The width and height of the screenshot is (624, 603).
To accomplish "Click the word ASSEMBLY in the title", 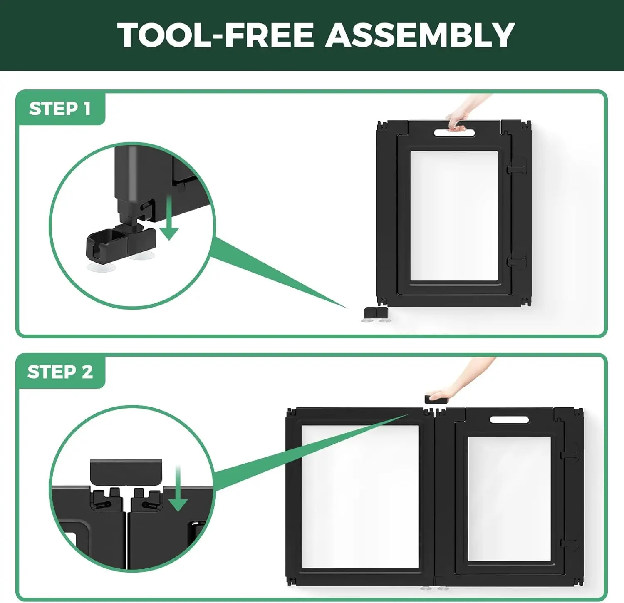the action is tap(420, 35).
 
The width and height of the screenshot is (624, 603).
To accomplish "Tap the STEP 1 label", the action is tap(60, 109).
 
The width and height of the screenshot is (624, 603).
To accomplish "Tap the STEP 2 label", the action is tap(60, 372).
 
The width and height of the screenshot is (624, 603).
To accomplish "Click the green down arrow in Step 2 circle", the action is tap(178, 489).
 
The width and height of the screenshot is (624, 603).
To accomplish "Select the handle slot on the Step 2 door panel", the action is tap(509, 419).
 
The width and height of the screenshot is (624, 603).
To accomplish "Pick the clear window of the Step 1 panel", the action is tap(454, 216).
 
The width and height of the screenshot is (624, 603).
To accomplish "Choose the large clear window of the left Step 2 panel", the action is tap(360, 496).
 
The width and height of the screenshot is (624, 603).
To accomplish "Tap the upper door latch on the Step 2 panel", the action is tap(570, 451).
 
